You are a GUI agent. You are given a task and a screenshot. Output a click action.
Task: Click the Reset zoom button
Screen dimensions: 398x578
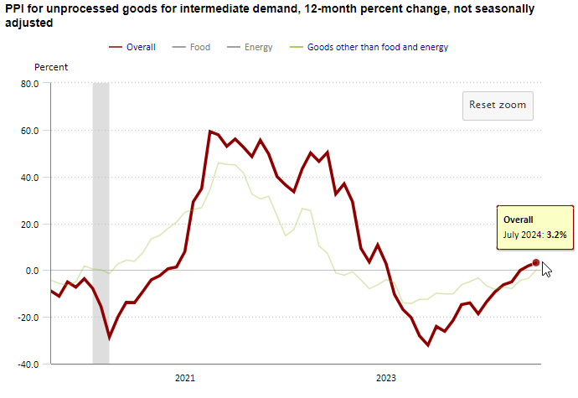tap(498, 106)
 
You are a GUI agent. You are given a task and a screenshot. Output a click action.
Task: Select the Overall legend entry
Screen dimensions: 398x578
tap(141, 47)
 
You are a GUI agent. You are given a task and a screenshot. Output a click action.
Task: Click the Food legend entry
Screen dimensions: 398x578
tap(200, 47)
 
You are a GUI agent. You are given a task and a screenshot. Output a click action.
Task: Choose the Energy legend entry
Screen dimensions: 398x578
tap(258, 47)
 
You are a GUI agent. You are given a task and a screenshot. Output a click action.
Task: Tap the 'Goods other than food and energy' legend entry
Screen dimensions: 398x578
tap(377, 47)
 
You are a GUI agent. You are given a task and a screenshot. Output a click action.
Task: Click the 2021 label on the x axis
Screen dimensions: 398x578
tap(185, 378)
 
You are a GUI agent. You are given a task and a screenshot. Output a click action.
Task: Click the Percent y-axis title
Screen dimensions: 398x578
tap(51, 66)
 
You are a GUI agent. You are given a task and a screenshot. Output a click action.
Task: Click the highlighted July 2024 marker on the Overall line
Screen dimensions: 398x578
tap(536, 263)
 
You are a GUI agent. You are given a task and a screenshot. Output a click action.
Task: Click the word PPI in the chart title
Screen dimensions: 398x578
tap(14, 8)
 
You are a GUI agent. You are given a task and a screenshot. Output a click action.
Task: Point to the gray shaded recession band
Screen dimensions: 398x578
tap(101, 218)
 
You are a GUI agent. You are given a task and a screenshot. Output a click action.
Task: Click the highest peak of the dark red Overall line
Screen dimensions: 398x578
tap(209, 132)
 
